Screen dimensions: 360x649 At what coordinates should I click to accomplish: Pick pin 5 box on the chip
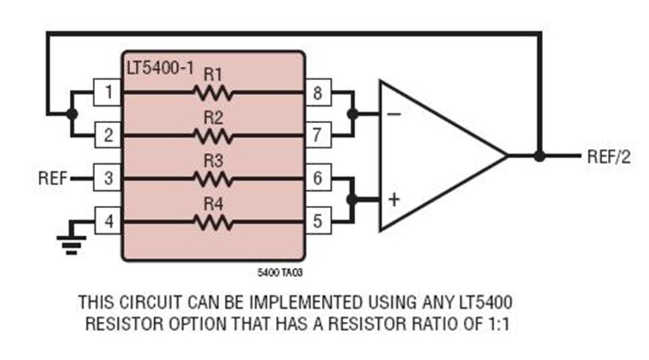click(x=318, y=222)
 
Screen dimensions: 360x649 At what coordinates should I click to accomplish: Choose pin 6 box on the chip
click(x=318, y=178)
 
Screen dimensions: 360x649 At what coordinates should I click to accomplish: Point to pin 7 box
click(x=318, y=135)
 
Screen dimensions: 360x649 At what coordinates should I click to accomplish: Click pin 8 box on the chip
click(x=318, y=92)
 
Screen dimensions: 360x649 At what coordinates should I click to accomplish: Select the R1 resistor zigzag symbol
click(x=212, y=92)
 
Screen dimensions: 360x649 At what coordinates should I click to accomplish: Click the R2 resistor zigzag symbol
click(x=212, y=135)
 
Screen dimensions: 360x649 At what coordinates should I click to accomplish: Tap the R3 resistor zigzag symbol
click(x=212, y=178)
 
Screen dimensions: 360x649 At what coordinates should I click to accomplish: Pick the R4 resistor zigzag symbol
click(x=212, y=222)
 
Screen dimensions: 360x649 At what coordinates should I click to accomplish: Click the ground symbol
click(x=68, y=247)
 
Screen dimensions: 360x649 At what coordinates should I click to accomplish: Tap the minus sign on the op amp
click(x=395, y=114)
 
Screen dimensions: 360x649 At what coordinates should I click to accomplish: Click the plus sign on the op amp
click(x=394, y=199)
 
